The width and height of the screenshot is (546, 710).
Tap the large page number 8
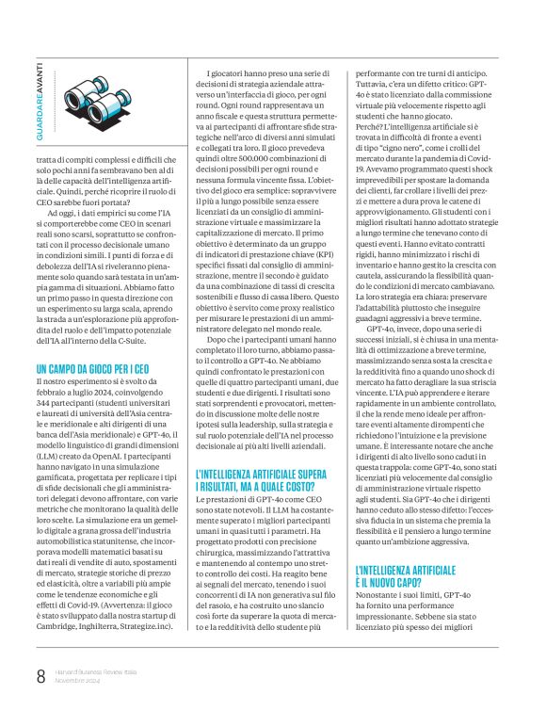point(40,676)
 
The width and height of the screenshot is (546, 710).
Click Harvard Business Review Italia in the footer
point(95,671)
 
